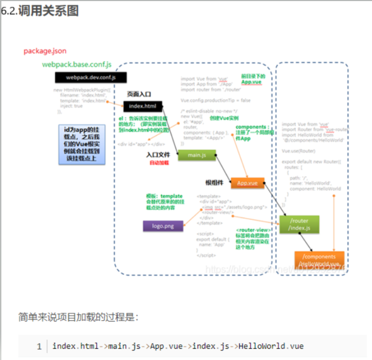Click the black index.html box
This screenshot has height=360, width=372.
142,106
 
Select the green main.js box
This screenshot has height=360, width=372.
197,156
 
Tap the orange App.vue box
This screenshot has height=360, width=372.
247,183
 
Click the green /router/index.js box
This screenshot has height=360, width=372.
299,224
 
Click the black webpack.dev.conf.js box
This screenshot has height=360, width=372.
83,77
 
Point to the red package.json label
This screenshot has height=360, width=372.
45,51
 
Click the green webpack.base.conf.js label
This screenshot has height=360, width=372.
77,64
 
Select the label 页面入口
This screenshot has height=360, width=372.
139,94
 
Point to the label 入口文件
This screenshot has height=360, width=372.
158,155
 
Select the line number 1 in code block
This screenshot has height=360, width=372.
39,346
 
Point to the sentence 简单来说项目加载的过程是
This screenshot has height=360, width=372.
78,317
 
